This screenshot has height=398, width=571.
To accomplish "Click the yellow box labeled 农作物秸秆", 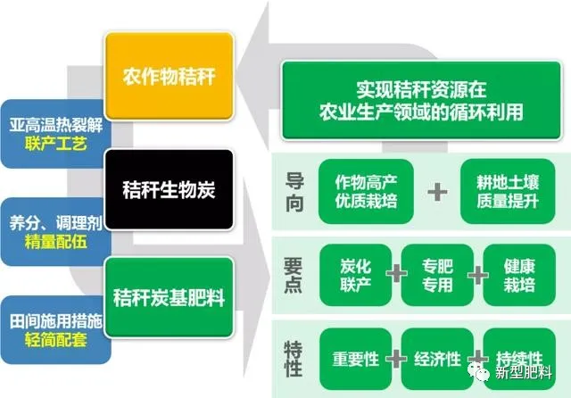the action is [169, 76].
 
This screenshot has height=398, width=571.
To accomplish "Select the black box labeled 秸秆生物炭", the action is [169, 189].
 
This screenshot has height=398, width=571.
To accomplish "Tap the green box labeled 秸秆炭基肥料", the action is [169, 297].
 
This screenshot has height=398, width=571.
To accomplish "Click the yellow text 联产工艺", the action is [55, 144].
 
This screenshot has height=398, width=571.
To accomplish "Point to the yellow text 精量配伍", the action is [55, 242].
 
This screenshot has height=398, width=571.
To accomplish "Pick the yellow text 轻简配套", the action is [55, 339].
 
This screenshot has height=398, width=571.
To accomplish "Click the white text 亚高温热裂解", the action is [55, 125].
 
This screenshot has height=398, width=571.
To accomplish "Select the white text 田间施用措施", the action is [55, 320].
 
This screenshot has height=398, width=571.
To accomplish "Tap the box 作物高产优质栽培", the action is [366, 191].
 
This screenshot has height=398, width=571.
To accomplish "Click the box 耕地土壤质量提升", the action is [508, 191].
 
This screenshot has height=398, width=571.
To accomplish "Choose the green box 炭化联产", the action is [355, 275].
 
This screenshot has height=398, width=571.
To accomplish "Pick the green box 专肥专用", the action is [437, 275].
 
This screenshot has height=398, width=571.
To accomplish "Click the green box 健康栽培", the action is [519, 275].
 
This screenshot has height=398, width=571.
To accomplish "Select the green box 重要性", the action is [355, 359].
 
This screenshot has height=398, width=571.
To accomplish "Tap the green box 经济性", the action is [437, 359].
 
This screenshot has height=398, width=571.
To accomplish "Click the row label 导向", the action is [294, 192].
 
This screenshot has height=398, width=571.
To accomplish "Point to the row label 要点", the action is [294, 275].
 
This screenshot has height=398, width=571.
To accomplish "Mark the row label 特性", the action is [294, 359].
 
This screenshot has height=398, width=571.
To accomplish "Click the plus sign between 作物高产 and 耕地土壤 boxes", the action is [437, 192].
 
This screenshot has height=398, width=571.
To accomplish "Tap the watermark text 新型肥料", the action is [524, 372].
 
